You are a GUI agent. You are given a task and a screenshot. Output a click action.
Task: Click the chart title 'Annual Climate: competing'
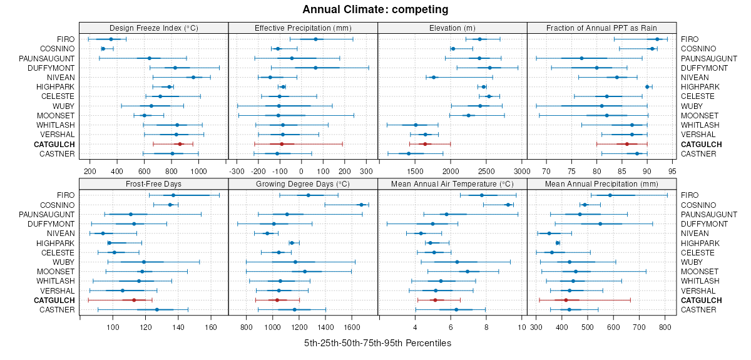(375, 9)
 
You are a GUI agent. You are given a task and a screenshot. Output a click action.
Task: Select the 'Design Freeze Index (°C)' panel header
(154, 28)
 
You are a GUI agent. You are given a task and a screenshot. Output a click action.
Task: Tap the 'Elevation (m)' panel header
(452, 28)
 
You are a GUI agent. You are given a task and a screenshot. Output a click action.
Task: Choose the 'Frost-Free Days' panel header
(154, 184)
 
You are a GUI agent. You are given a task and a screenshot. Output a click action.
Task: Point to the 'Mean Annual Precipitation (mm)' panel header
(601, 184)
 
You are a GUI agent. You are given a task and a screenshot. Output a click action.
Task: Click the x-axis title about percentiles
(377, 343)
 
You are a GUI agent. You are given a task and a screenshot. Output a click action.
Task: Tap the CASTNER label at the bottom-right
(696, 310)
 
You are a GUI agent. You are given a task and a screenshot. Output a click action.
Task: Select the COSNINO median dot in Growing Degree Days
(361, 205)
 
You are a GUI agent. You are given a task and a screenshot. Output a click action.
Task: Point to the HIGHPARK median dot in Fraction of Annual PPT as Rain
(647, 87)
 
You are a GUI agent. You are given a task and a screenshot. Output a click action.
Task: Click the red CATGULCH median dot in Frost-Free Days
(134, 301)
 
